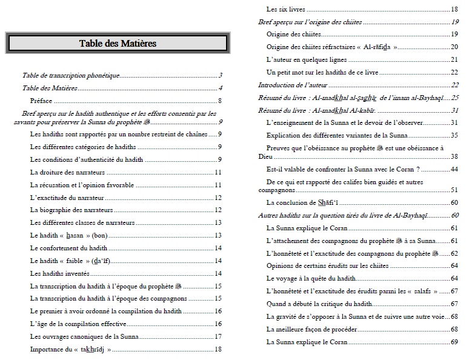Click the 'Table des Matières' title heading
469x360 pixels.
coord(118,43)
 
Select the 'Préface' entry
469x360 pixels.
coord(41,101)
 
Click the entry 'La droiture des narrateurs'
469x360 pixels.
coord(67,173)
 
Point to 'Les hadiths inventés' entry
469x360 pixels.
coord(59,273)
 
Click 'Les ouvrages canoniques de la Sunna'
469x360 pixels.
coord(84,336)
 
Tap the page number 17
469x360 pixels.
coord(219,336)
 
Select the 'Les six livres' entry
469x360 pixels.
coord(285,9)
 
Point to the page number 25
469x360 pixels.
coord(455,98)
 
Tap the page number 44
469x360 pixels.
coord(454,169)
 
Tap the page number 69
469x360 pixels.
coord(454,342)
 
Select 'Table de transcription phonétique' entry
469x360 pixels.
coord(71,75)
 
